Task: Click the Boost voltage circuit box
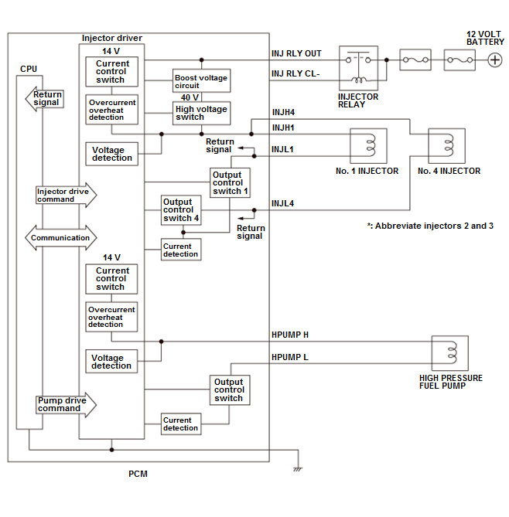(201, 81)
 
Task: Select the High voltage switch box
(201, 113)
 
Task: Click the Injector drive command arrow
(65, 195)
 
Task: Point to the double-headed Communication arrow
(60, 238)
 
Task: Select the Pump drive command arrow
(65, 404)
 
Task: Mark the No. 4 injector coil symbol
(449, 145)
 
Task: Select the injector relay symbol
(358, 67)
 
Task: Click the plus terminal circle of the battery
(495, 59)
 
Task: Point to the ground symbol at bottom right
(296, 468)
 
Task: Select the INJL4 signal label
(282, 203)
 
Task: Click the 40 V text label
(190, 97)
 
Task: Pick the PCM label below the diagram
(138, 474)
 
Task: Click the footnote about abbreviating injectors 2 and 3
(430, 226)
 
